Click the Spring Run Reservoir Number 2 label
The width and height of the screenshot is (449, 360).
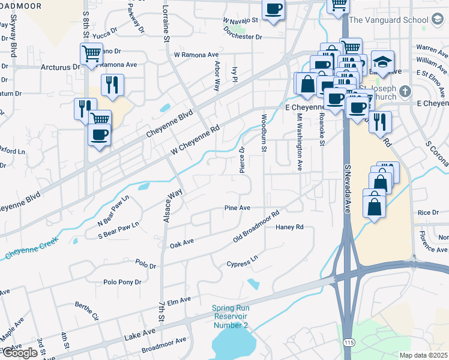coord(231,317)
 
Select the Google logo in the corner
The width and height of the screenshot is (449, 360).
coord(19,353)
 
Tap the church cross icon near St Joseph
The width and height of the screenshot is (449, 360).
coord(406,91)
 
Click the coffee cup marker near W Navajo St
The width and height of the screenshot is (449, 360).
coord(274,9)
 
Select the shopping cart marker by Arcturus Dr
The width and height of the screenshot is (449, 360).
coord(91,53)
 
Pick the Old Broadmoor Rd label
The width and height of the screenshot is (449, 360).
coord(257,227)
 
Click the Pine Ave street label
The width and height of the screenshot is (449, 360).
coord(237,208)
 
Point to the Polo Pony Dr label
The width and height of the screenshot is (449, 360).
coord(122,282)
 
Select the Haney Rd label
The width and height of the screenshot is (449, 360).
coord(289,227)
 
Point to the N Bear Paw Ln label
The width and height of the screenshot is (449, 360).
coord(113,209)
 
